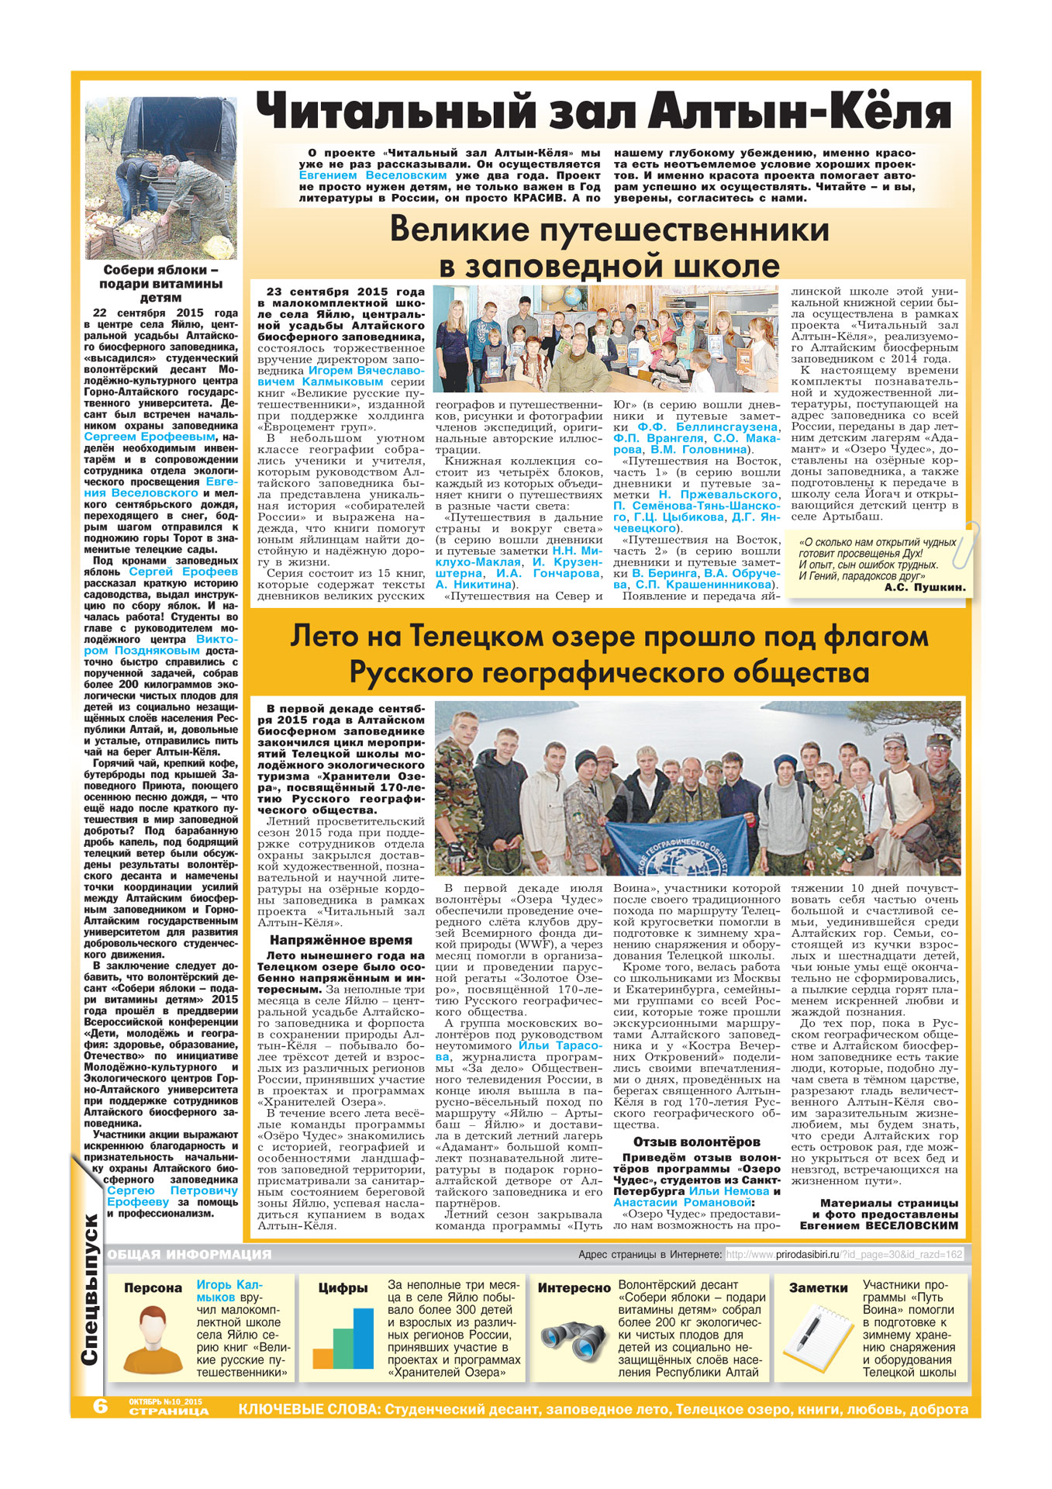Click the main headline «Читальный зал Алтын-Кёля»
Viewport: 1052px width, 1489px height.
[x=603, y=112]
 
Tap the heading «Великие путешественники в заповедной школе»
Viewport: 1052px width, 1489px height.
[x=609, y=247]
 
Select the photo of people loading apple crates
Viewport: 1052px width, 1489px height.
[x=160, y=178]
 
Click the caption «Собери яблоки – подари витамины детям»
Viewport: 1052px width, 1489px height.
[x=160, y=283]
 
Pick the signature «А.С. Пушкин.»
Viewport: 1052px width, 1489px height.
[x=924, y=587]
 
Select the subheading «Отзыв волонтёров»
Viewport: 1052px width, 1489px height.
[x=696, y=1142]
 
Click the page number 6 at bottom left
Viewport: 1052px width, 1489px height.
[x=101, y=1406]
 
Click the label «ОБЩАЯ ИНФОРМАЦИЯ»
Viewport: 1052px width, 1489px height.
[x=189, y=1254]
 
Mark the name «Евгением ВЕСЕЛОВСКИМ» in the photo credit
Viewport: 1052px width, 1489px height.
[x=878, y=1226]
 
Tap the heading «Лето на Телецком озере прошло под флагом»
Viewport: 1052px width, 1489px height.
[x=609, y=637]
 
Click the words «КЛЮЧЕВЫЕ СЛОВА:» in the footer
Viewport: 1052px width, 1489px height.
[x=309, y=1409]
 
